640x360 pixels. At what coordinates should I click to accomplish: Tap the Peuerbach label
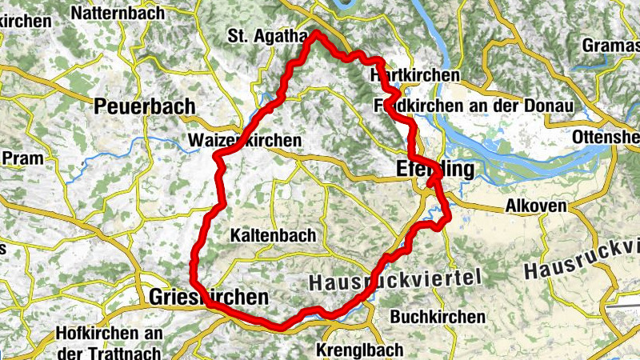(x=144, y=106)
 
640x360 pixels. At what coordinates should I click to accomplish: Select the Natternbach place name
(x=118, y=13)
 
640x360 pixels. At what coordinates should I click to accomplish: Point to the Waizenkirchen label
(x=245, y=141)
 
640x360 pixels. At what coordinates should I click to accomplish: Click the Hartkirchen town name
(x=416, y=75)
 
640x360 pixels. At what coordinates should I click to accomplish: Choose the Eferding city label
(x=434, y=169)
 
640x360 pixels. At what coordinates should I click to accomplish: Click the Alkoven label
(x=536, y=206)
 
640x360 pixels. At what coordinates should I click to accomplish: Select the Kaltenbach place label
(x=273, y=236)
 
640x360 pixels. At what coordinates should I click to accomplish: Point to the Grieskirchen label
(x=208, y=298)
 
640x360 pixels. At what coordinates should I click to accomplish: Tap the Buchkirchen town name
(x=440, y=317)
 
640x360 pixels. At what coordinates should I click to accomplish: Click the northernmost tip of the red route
(x=317, y=33)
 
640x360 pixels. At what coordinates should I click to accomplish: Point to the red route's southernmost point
(x=280, y=326)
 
